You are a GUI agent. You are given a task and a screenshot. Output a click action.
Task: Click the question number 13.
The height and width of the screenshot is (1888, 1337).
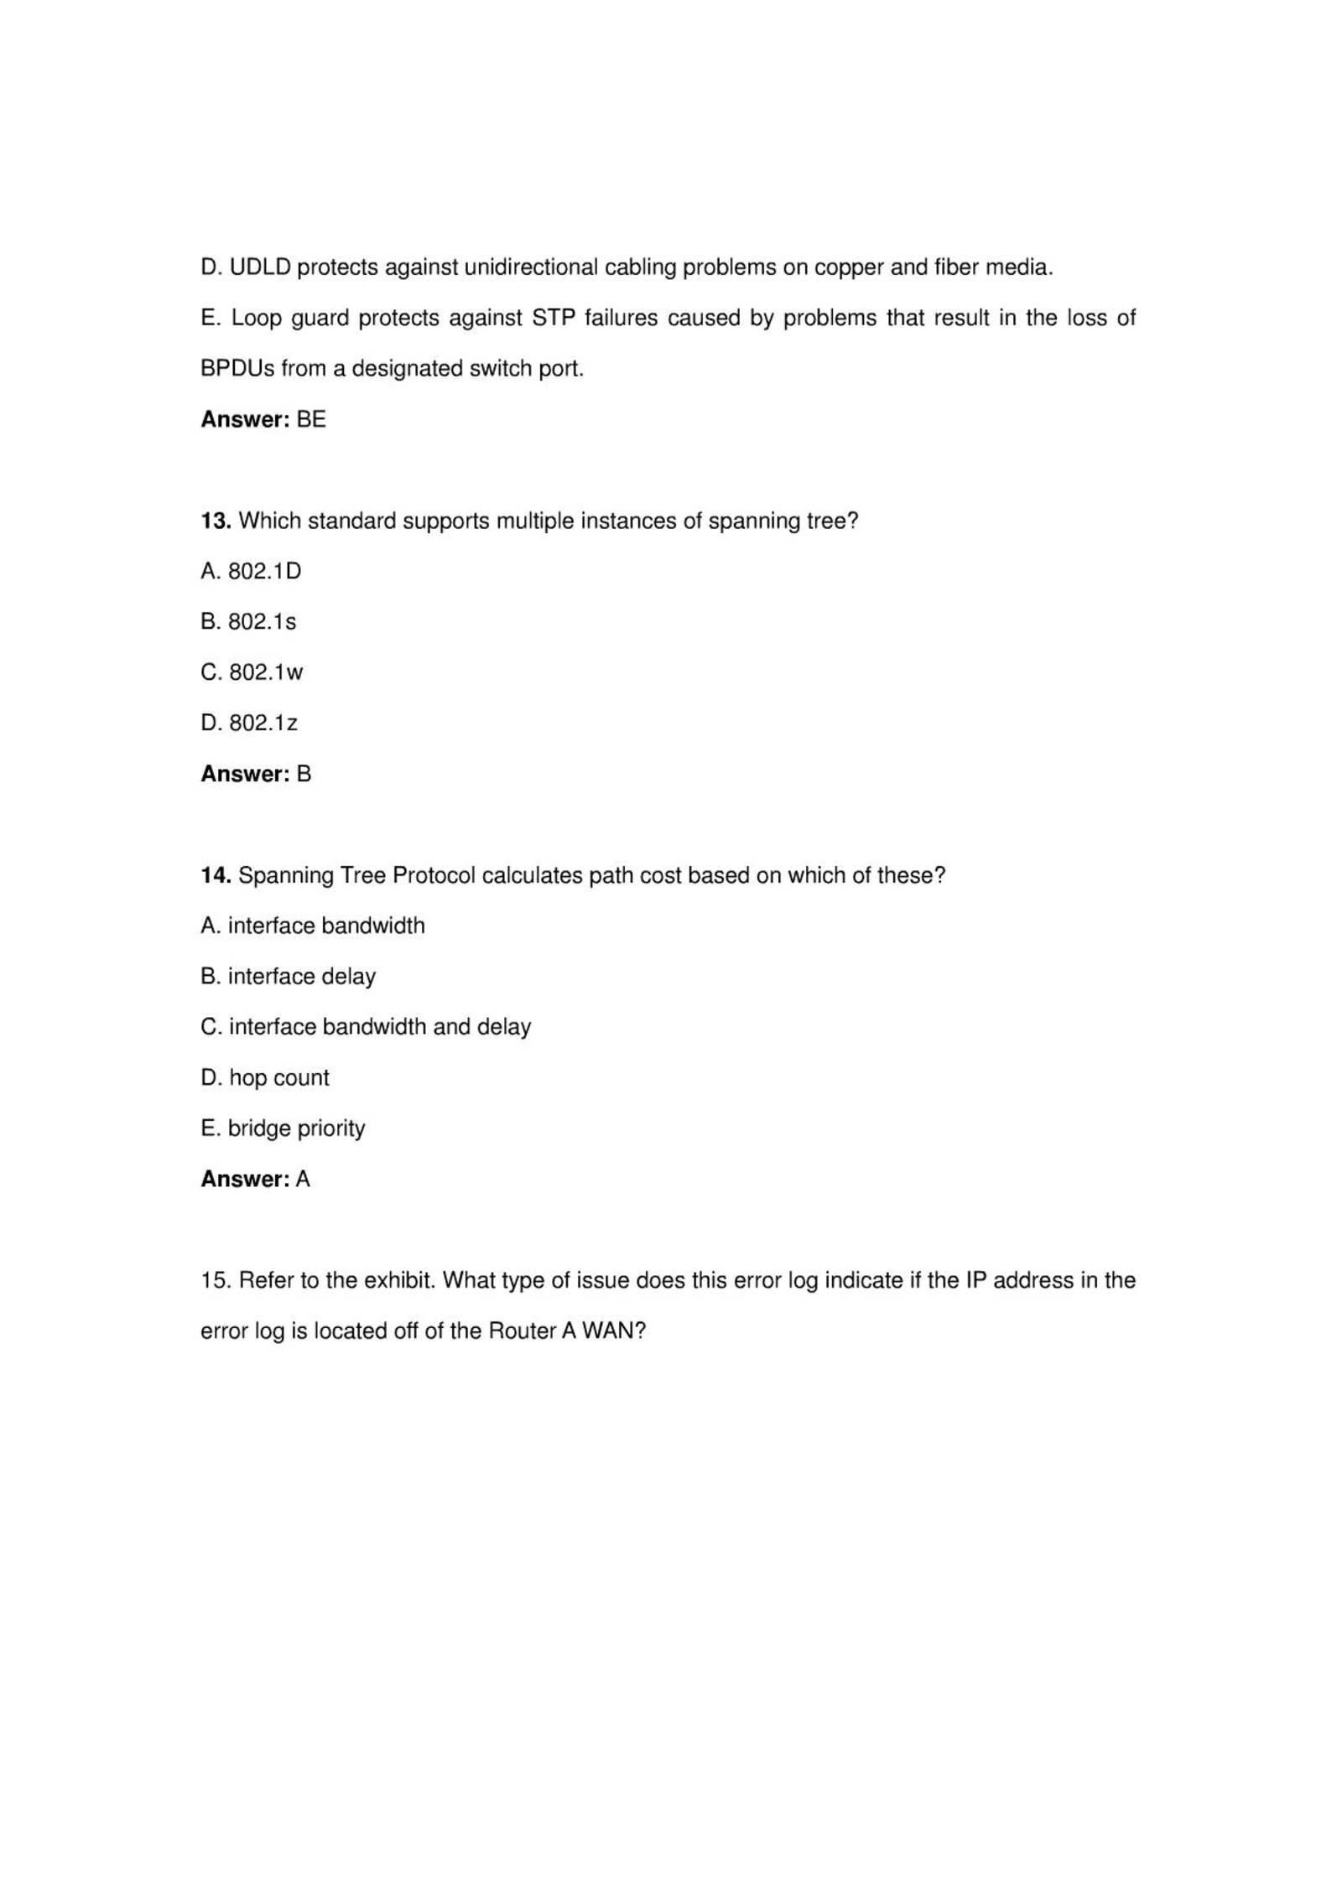click(x=216, y=521)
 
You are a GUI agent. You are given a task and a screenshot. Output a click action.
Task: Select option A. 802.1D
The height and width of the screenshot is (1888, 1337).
click(x=251, y=572)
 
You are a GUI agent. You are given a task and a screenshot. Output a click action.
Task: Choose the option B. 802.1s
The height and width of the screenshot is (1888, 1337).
click(x=248, y=622)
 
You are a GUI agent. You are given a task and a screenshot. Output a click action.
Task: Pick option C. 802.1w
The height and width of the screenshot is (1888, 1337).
click(x=252, y=672)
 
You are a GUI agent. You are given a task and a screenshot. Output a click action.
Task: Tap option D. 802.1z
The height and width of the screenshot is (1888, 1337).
click(x=249, y=723)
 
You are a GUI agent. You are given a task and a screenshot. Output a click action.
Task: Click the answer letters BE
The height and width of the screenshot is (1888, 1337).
click(x=311, y=419)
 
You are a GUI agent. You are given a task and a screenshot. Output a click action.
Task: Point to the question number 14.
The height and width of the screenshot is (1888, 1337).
click(x=216, y=875)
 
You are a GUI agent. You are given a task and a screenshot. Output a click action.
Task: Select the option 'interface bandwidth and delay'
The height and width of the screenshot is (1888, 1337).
click(x=366, y=1027)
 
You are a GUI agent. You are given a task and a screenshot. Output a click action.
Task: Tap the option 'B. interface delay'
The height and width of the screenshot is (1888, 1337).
click(x=288, y=977)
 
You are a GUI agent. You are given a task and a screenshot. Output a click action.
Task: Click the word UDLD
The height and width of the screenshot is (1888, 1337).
click(x=260, y=267)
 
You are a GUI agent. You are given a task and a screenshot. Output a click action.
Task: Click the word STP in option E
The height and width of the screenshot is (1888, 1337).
click(x=551, y=319)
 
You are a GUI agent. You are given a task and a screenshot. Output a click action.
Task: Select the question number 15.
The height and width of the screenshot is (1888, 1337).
click(x=216, y=1280)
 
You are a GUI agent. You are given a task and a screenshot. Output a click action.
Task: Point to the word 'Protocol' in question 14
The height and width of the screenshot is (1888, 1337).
click(x=434, y=875)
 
